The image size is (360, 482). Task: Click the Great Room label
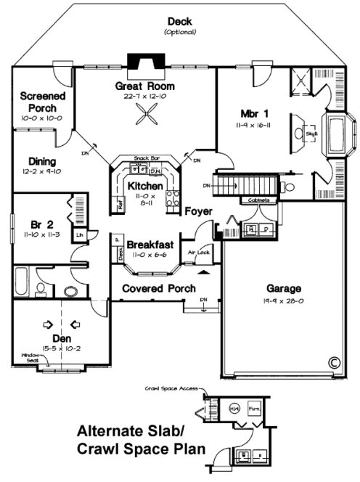142,86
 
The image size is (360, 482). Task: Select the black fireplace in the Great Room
140,62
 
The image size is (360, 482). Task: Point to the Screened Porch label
43,102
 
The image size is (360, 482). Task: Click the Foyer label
197,212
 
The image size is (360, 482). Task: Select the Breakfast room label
150,245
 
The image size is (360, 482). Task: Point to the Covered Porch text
158,288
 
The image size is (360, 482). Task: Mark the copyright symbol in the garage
333,361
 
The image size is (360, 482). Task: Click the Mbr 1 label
255,113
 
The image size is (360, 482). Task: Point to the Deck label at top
179,21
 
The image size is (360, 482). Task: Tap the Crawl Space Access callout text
171,389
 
